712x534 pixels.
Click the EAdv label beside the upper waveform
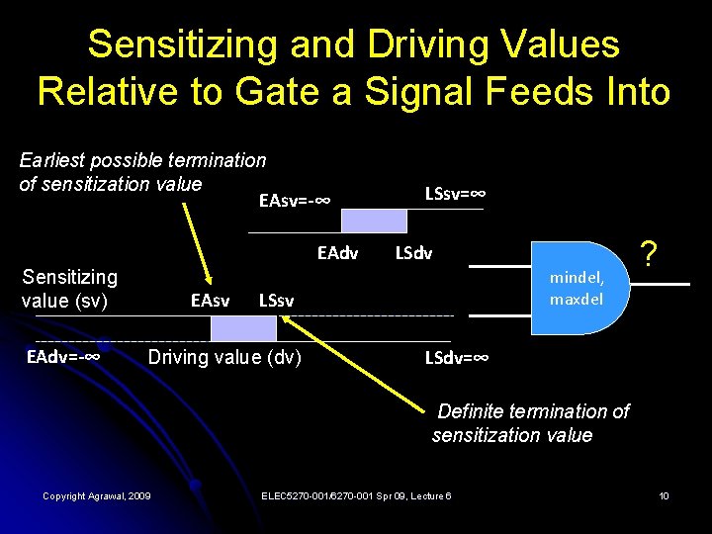tap(338, 253)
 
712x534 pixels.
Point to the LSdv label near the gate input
tap(413, 253)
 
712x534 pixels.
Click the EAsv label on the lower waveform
tap(210, 298)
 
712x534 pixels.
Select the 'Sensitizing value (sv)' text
tap(69, 288)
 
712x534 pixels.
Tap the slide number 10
tap(665, 495)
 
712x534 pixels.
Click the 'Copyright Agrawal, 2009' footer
tap(97, 495)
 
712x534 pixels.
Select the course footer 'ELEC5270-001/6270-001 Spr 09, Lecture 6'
tap(357, 495)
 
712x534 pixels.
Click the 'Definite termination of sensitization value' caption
tap(531, 422)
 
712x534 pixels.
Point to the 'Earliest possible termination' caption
tap(143, 160)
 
